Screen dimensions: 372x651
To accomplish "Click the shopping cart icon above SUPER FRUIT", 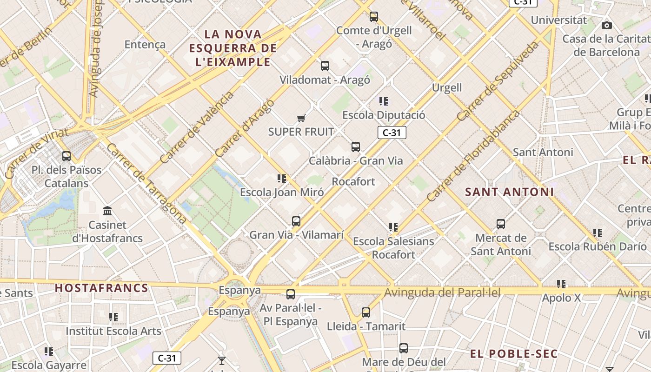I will pos(301,119).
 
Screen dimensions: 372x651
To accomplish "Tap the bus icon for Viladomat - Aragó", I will pos(325,66).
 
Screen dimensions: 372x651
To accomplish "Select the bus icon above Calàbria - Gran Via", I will pos(356,147).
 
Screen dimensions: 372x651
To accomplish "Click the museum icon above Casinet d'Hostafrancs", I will pos(107,211).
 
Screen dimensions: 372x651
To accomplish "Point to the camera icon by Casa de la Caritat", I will pos(607,25).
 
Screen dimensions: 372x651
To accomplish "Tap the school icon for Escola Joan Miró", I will pos(281,179).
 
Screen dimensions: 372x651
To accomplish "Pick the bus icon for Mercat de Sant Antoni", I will pos(501,224).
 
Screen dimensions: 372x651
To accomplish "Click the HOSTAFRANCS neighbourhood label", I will pos(102,288).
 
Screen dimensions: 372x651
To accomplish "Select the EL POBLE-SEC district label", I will pos(513,354).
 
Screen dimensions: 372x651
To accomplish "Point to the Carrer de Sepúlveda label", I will pos(498,81).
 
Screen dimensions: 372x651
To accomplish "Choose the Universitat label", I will pos(559,20).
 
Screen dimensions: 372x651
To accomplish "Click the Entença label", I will pos(145,45).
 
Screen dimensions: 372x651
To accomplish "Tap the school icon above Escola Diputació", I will pos(384,101).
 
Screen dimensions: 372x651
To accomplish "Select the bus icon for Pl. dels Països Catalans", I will pos(66,156).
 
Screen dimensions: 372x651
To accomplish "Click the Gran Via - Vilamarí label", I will pos(297,235).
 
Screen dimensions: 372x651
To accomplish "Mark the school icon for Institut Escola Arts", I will pos(113,317).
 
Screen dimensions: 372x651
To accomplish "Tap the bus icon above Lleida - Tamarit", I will pos(366,312).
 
